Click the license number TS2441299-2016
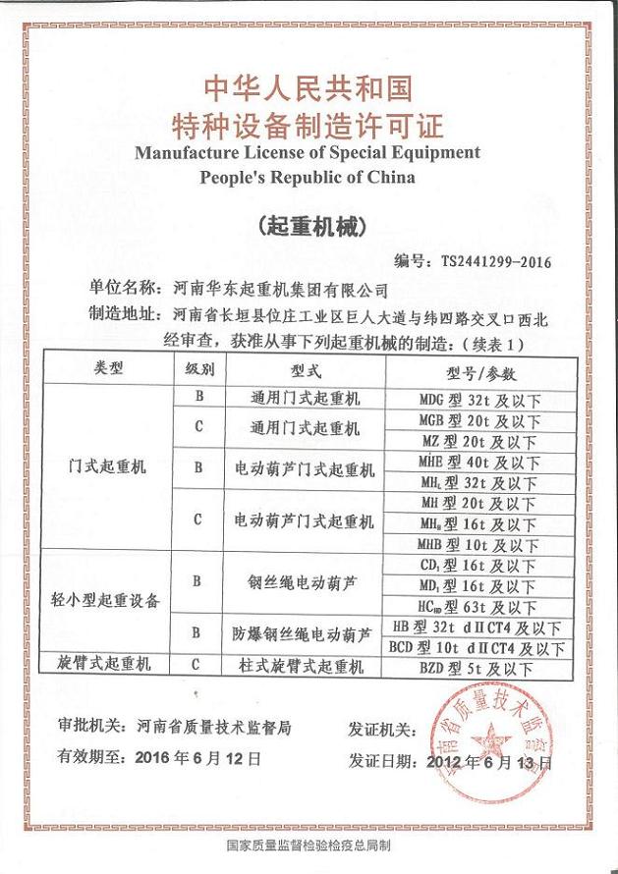[x=496, y=262]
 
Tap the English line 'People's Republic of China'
[x=308, y=178]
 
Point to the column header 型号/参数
[x=480, y=374]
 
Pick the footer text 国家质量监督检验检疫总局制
[x=309, y=846]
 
